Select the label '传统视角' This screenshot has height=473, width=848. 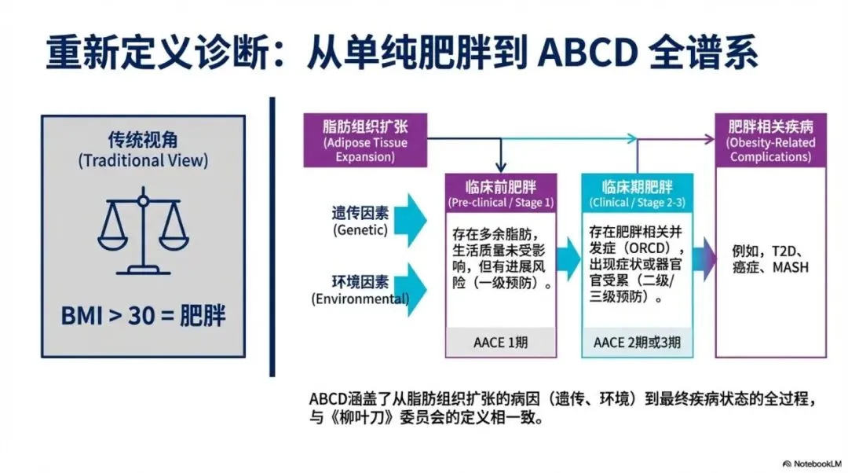(x=143, y=141)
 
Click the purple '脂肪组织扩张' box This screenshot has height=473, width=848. (x=364, y=140)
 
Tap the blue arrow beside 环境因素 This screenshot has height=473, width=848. (x=411, y=289)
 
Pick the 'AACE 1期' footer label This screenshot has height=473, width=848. (x=501, y=343)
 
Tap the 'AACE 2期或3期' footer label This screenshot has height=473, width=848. (x=637, y=343)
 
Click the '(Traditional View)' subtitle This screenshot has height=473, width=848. (x=143, y=161)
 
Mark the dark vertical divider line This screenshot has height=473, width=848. (x=272, y=236)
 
